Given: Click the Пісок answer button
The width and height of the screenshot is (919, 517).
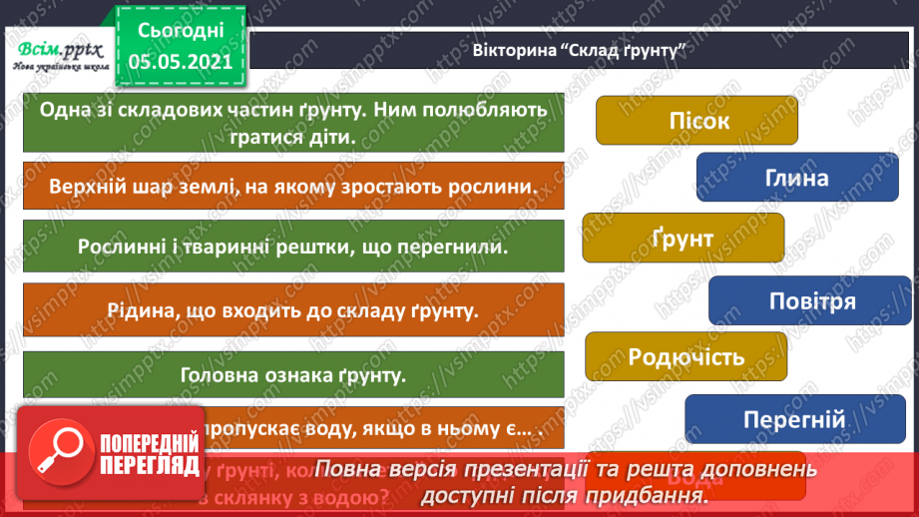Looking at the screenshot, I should (696, 121).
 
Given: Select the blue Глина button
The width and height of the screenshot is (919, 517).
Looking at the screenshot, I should (796, 178).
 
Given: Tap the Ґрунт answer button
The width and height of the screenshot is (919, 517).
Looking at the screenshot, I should (683, 239).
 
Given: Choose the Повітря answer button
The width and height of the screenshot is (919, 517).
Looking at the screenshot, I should (811, 301).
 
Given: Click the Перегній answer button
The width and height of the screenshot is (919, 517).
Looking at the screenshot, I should (794, 419).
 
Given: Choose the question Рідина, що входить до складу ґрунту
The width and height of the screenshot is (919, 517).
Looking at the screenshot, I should (293, 309).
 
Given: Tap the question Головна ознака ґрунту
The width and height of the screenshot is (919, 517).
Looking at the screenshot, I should (293, 376).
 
